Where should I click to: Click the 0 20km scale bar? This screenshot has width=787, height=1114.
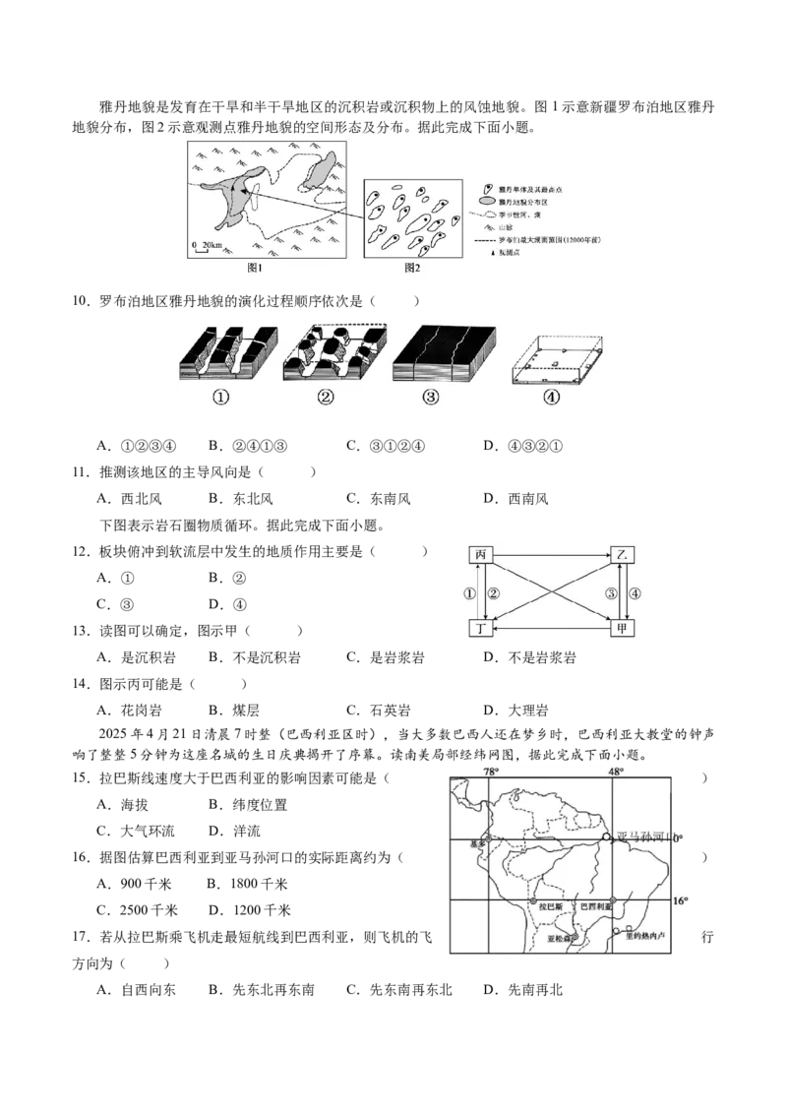click(x=208, y=245)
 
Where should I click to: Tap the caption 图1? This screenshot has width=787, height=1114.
click(x=256, y=268)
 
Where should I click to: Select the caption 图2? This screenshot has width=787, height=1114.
click(x=412, y=268)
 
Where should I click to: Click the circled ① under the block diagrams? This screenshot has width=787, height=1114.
click(x=220, y=399)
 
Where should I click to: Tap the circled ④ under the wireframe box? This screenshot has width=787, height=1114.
click(x=551, y=399)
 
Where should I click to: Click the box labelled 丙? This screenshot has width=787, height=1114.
click(x=480, y=555)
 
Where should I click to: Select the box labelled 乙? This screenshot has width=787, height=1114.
click(x=622, y=555)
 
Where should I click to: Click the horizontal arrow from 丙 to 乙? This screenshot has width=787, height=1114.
click(x=551, y=555)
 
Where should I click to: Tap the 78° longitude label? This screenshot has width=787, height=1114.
click(x=490, y=772)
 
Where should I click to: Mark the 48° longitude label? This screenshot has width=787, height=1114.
click(x=616, y=772)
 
